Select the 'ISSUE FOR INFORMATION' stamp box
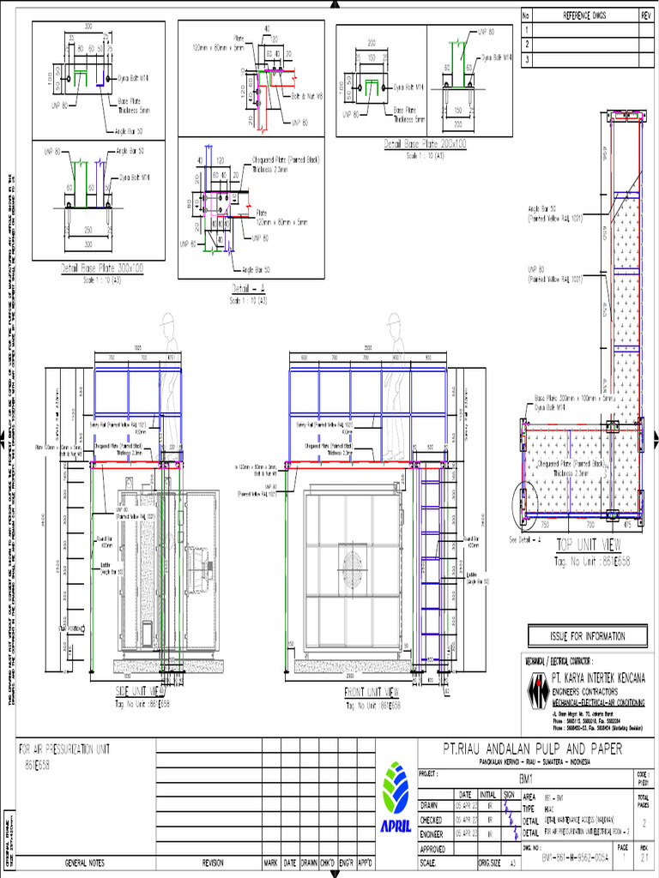[x=587, y=636]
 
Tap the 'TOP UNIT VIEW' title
[x=588, y=544]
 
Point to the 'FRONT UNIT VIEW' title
[x=366, y=692]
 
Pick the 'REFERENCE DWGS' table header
[x=583, y=15]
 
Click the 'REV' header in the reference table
[x=646, y=15]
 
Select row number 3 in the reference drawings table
[x=527, y=59]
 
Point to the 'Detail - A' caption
[x=250, y=288]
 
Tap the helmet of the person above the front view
[x=394, y=320]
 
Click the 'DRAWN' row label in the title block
[x=431, y=806]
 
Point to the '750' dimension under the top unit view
[x=543, y=523]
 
